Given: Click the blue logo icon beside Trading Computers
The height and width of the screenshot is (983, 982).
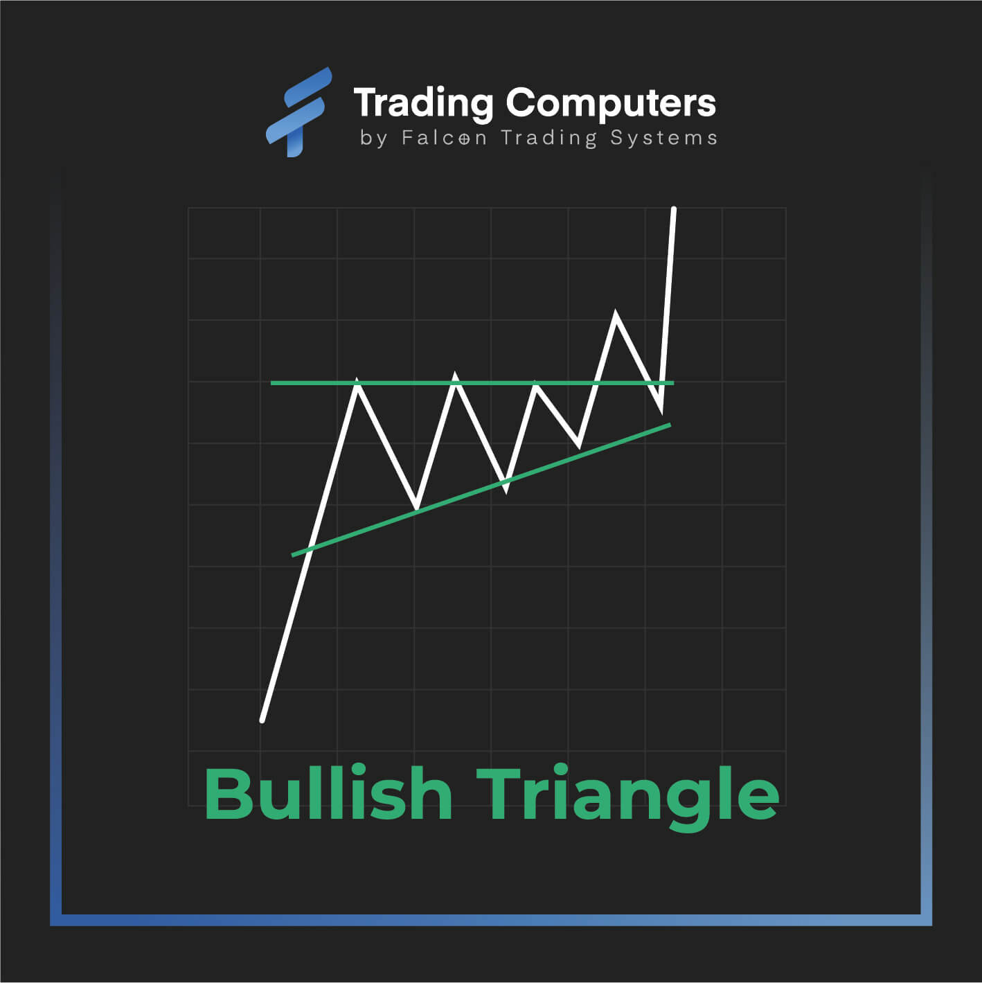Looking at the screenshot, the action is coord(299,112).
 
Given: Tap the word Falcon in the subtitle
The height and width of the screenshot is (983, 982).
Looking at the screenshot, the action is coord(444,138).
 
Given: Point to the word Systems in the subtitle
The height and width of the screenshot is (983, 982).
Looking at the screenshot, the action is coord(663,139).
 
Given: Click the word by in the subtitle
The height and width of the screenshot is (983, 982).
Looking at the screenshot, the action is coord(373,139).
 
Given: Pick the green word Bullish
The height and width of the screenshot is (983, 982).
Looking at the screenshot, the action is coord(328,793).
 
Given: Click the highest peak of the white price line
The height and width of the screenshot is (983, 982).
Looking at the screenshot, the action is coord(674,209).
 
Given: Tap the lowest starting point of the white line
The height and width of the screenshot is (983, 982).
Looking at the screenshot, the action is coord(262,720).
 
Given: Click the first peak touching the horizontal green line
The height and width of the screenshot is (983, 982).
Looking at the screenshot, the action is coord(358,382).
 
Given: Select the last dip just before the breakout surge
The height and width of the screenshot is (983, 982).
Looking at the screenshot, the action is coord(661,410).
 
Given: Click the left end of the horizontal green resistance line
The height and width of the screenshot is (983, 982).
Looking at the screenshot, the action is coord(271,383).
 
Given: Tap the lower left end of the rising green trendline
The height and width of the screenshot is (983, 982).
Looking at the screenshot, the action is coord(293,555).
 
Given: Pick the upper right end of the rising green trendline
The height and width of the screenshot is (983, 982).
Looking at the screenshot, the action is coord(670,425).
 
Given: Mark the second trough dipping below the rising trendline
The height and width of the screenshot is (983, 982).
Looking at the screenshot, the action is coord(506,490).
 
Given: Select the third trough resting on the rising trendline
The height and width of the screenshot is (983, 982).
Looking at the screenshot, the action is coord(579,446).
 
